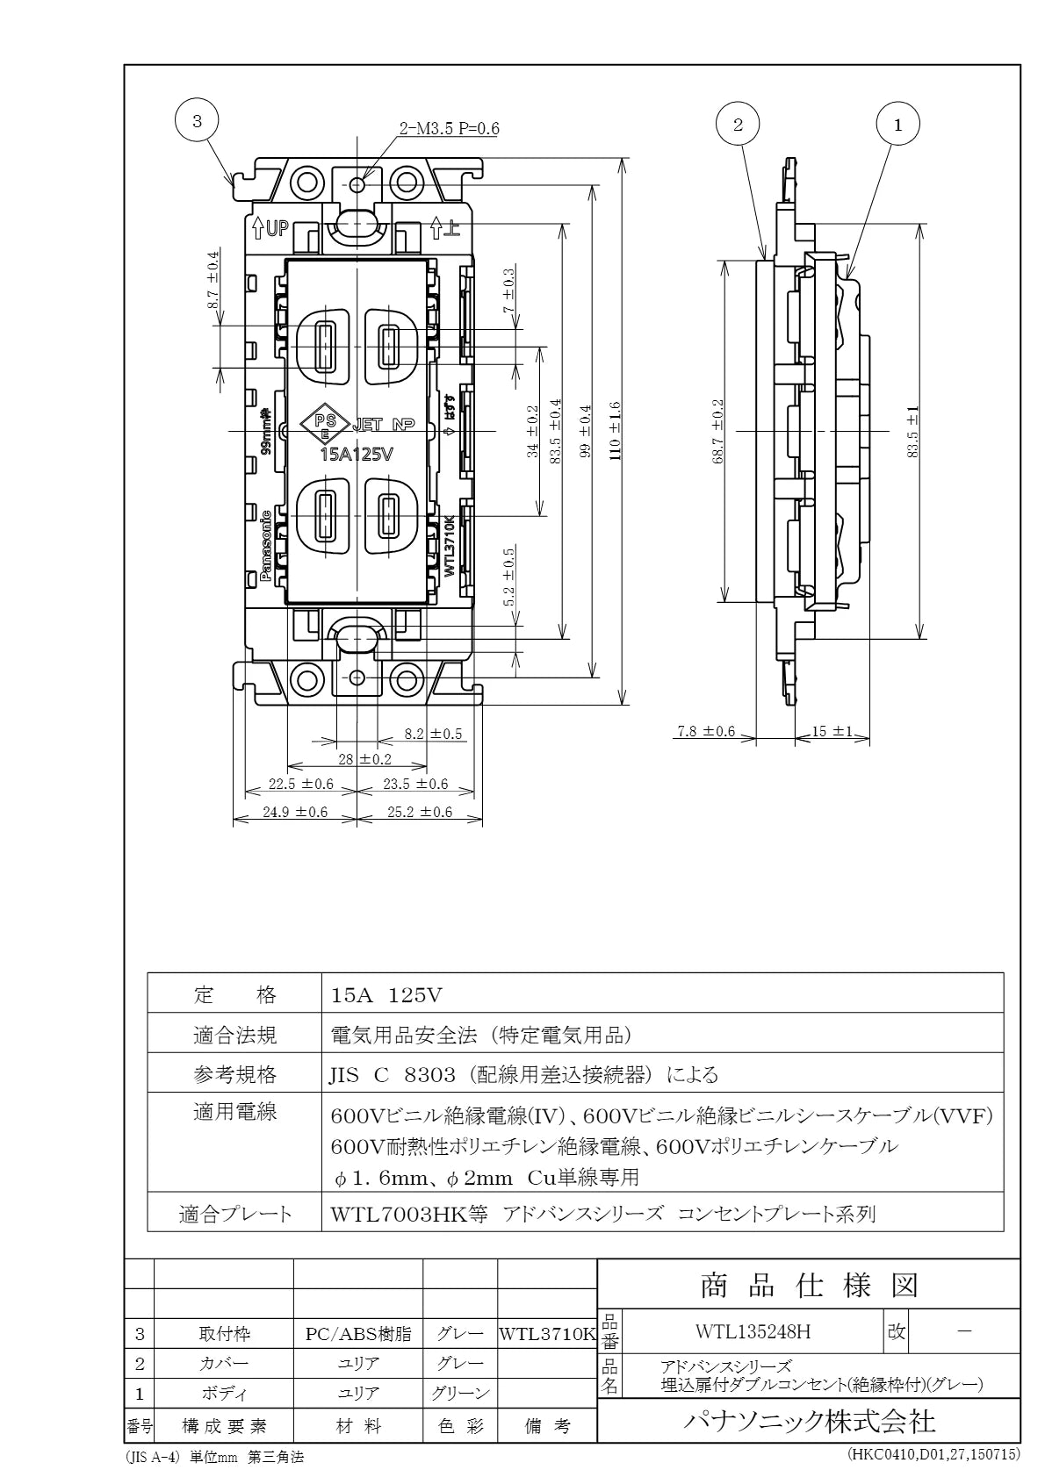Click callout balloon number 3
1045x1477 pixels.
click(x=197, y=121)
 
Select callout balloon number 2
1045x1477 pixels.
click(x=738, y=124)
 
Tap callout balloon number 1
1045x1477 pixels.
click(x=897, y=124)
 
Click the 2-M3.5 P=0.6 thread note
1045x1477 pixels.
click(x=449, y=128)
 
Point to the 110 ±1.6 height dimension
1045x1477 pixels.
click(x=615, y=431)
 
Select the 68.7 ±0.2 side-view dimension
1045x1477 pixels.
click(x=718, y=431)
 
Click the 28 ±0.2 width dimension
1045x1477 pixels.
click(x=364, y=759)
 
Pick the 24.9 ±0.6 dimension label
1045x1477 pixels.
click(x=295, y=812)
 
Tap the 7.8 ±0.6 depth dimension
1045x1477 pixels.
click(x=706, y=731)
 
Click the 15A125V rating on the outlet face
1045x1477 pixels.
click(x=357, y=455)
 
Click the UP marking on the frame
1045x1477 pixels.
click(x=271, y=229)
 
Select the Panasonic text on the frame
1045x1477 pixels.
click(x=266, y=545)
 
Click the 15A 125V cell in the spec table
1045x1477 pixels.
click(x=386, y=995)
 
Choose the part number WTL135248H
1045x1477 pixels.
click(x=753, y=1332)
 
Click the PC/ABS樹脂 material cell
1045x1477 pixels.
click(x=358, y=1335)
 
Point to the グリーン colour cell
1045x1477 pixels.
click(x=460, y=1394)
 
